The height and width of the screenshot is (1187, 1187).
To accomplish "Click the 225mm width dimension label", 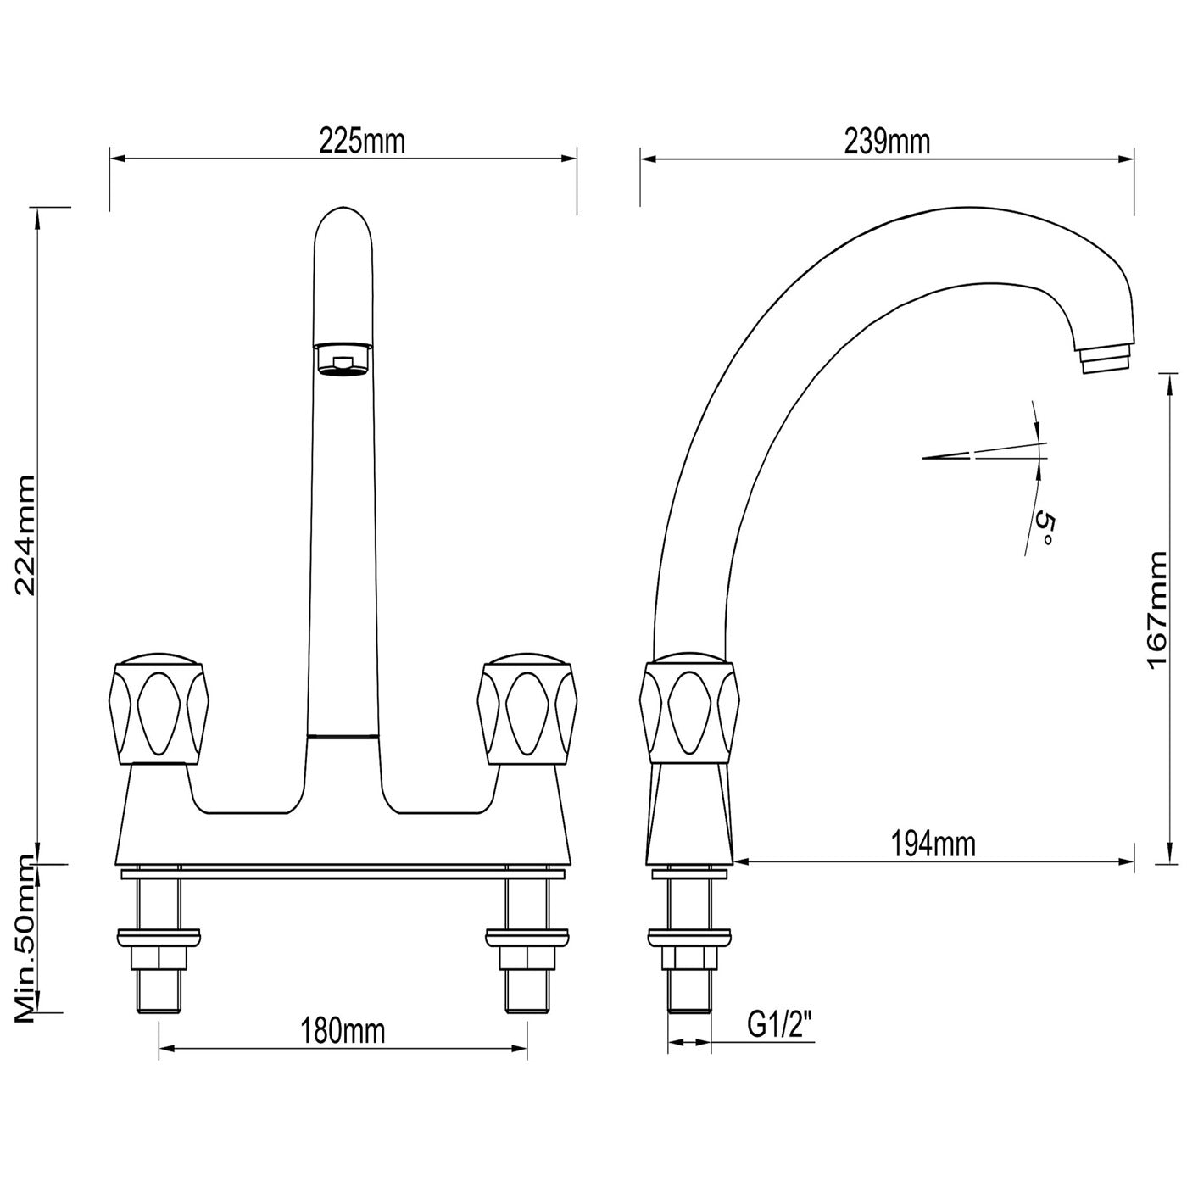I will coord(362,142).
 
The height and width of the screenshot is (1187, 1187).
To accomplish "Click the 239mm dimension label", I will coord(887,142).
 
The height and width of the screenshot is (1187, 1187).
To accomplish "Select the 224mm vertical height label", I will coord(25,535).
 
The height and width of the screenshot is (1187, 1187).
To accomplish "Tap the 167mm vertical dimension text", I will coord(1158,610).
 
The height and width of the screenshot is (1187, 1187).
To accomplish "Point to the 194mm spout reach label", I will coord(933,844).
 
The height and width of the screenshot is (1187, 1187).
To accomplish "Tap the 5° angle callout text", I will coord(1044,529).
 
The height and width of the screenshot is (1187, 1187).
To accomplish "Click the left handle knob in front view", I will coord(159,710).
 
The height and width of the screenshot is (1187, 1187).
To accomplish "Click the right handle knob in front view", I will coord(527,710).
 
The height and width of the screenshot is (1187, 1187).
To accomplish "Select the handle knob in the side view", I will coord(688,710).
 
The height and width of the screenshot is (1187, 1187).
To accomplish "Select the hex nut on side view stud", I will coord(688,958).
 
